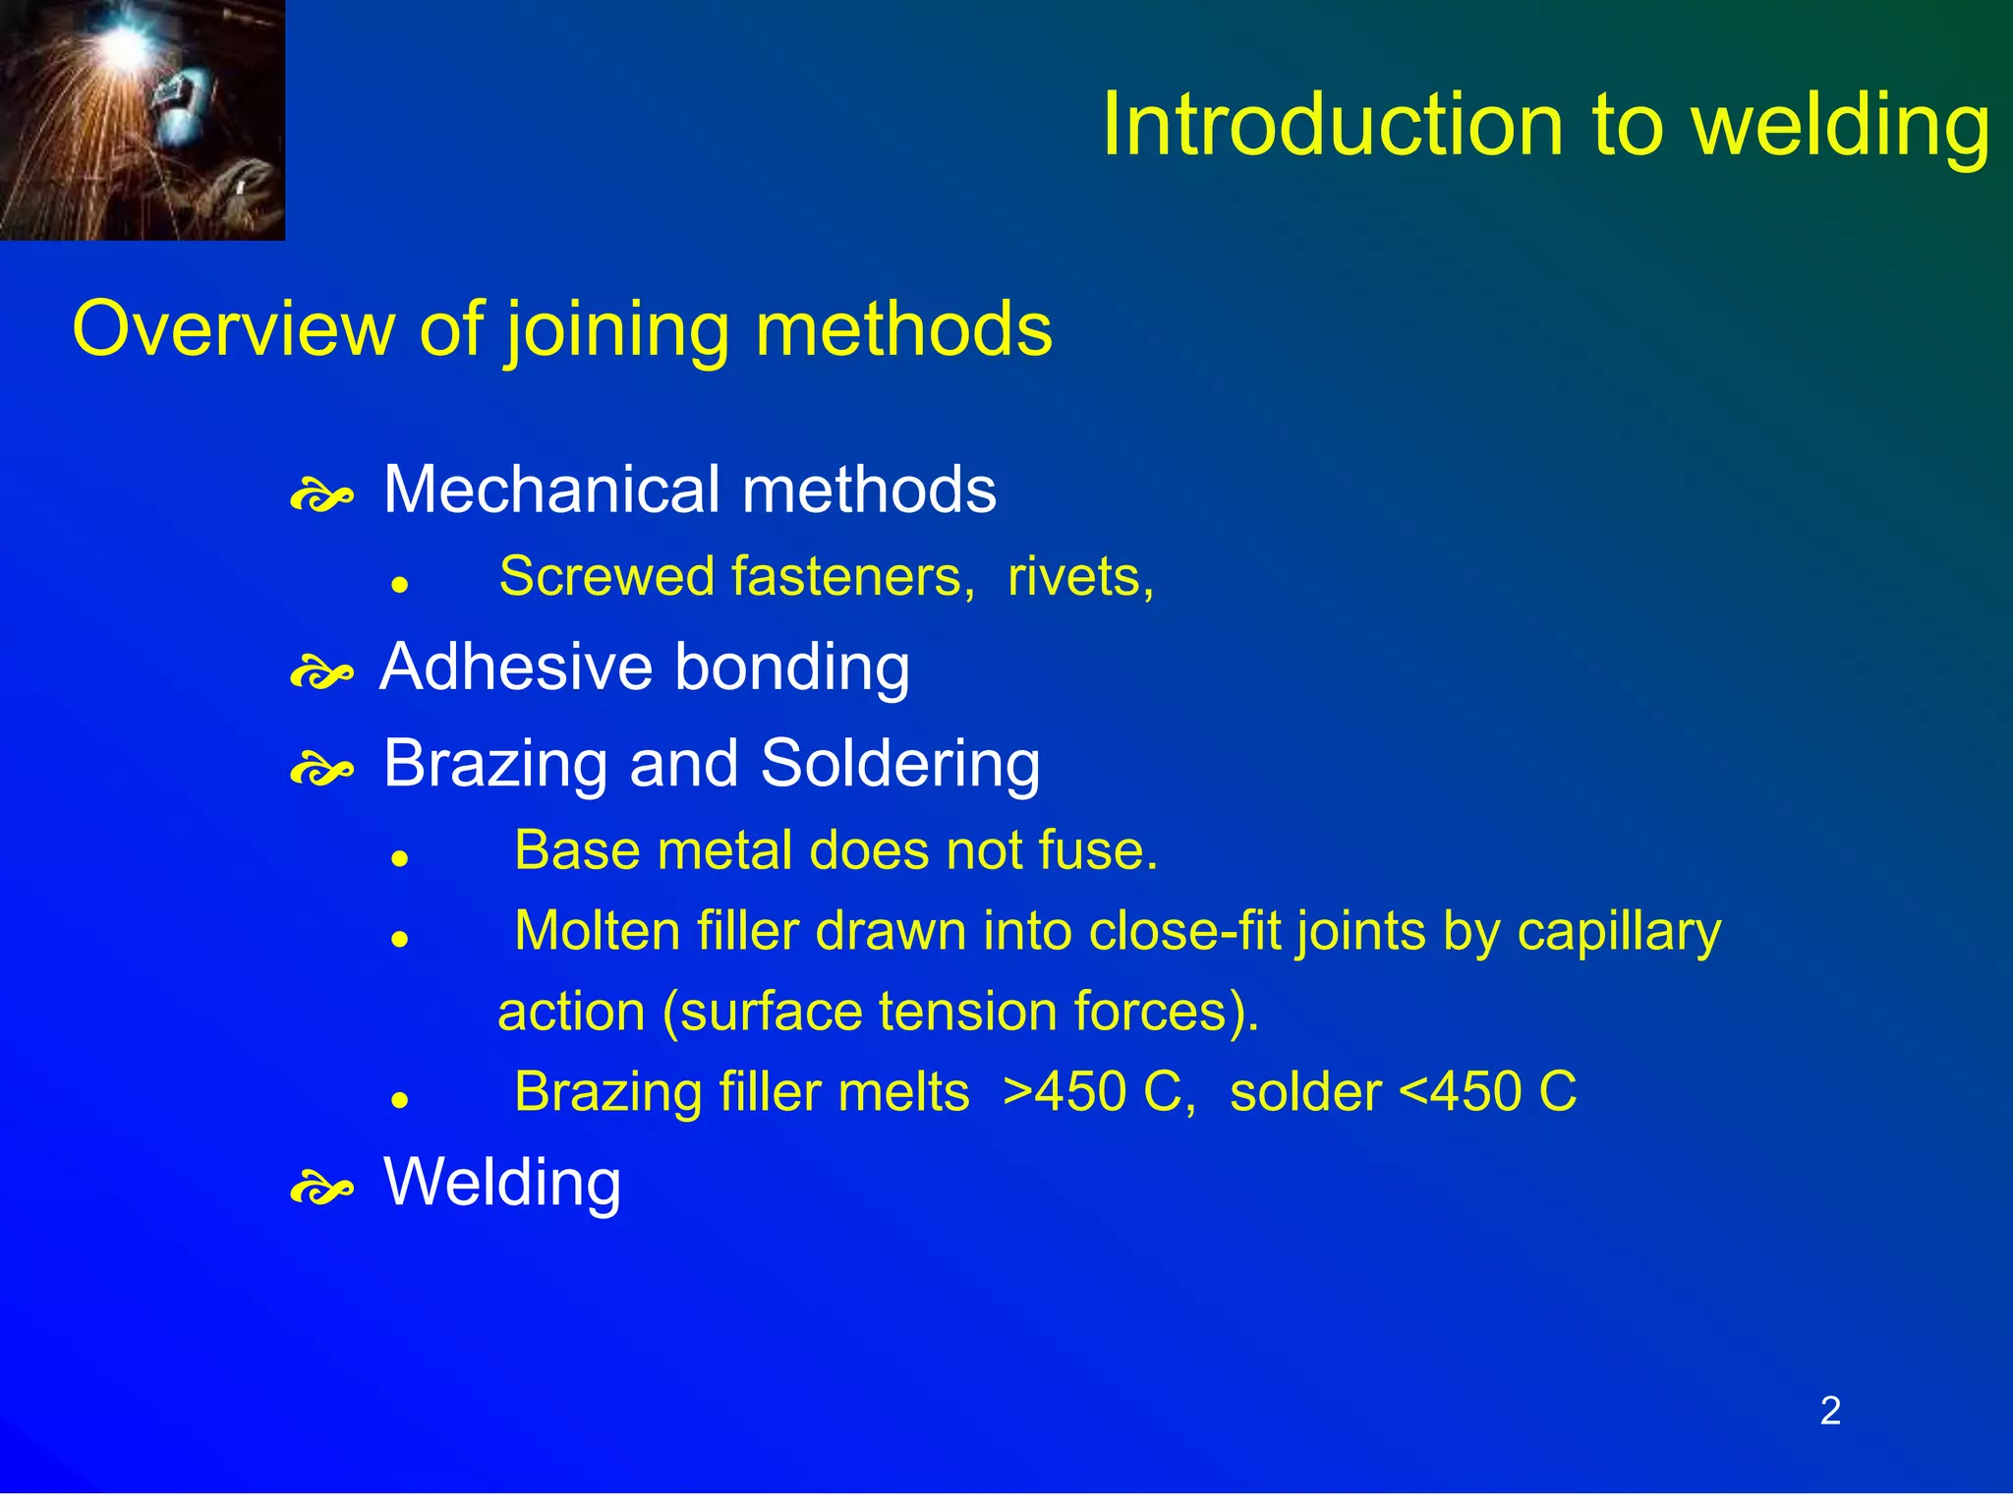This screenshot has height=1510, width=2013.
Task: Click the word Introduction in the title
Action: click(1332, 125)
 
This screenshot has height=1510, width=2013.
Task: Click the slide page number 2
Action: click(1829, 1411)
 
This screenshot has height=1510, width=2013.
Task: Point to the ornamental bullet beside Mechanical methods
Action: click(321, 496)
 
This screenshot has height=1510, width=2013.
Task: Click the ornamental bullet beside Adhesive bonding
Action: click(321, 674)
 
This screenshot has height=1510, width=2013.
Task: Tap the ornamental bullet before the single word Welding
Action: click(321, 1190)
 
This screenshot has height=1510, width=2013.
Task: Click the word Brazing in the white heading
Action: click(495, 764)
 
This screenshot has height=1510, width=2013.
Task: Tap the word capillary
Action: click(1618, 931)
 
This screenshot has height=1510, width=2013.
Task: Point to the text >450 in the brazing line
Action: click(1064, 1092)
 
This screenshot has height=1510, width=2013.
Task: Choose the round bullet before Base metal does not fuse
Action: click(399, 858)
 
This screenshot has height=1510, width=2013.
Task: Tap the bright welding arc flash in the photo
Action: click(125, 44)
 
